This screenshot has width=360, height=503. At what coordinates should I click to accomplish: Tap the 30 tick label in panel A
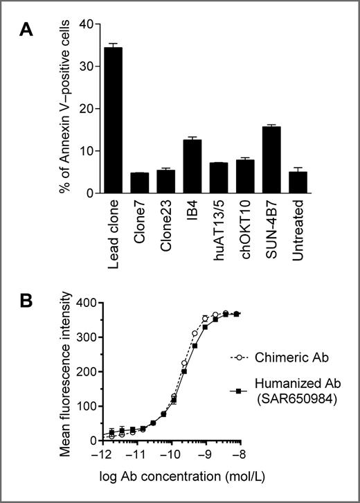click(x=80, y=67)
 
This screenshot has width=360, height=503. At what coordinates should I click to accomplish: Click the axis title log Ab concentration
click(x=170, y=475)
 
